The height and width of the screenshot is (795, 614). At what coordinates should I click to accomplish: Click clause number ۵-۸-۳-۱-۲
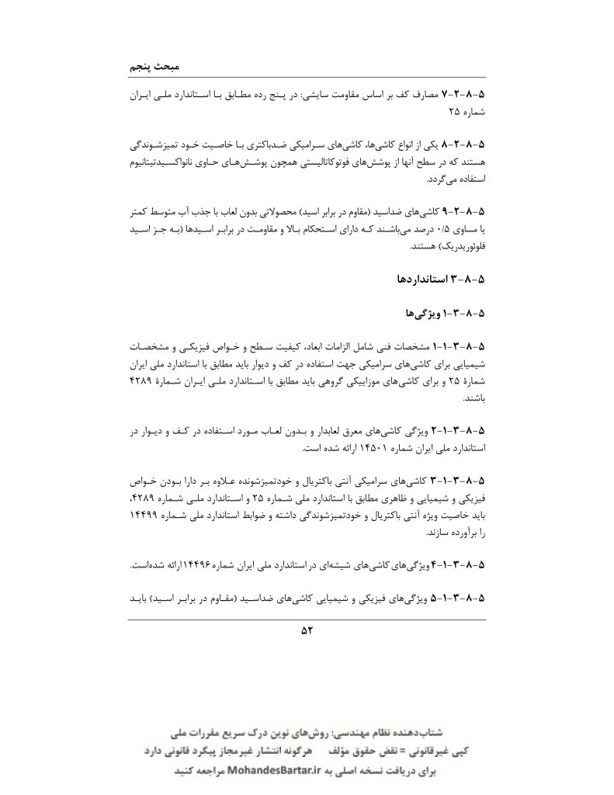(459, 430)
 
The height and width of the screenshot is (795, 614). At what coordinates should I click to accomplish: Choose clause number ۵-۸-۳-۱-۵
(459, 599)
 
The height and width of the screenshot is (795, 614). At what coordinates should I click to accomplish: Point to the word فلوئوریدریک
(455, 247)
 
